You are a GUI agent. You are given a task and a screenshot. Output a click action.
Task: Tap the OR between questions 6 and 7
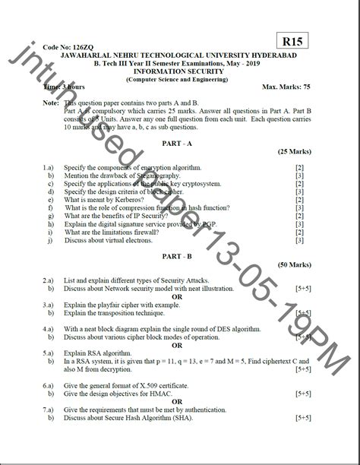[x=178, y=402]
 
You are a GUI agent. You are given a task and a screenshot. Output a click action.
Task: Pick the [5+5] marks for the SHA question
[x=302, y=417]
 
